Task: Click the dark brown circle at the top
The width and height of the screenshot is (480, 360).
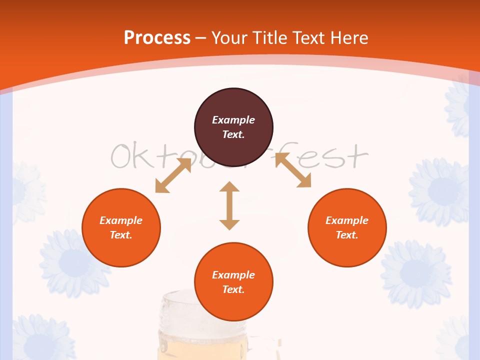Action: tap(233, 127)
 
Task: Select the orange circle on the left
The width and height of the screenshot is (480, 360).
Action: tap(121, 228)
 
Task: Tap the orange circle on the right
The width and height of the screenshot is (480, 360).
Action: tap(347, 228)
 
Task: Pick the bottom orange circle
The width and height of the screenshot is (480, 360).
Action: tap(233, 282)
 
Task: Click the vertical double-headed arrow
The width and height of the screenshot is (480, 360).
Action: tap(229, 206)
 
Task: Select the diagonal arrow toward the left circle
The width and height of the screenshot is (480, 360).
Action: tap(173, 175)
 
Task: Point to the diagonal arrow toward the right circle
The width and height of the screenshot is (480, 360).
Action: tap(293, 170)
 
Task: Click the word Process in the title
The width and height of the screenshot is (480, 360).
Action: tap(157, 37)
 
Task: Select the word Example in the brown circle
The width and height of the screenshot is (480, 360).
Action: tap(233, 120)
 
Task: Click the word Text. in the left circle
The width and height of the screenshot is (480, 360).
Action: tap(121, 235)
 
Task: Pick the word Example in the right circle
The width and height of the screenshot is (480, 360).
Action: tap(347, 220)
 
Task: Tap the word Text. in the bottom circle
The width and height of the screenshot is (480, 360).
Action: tap(233, 289)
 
